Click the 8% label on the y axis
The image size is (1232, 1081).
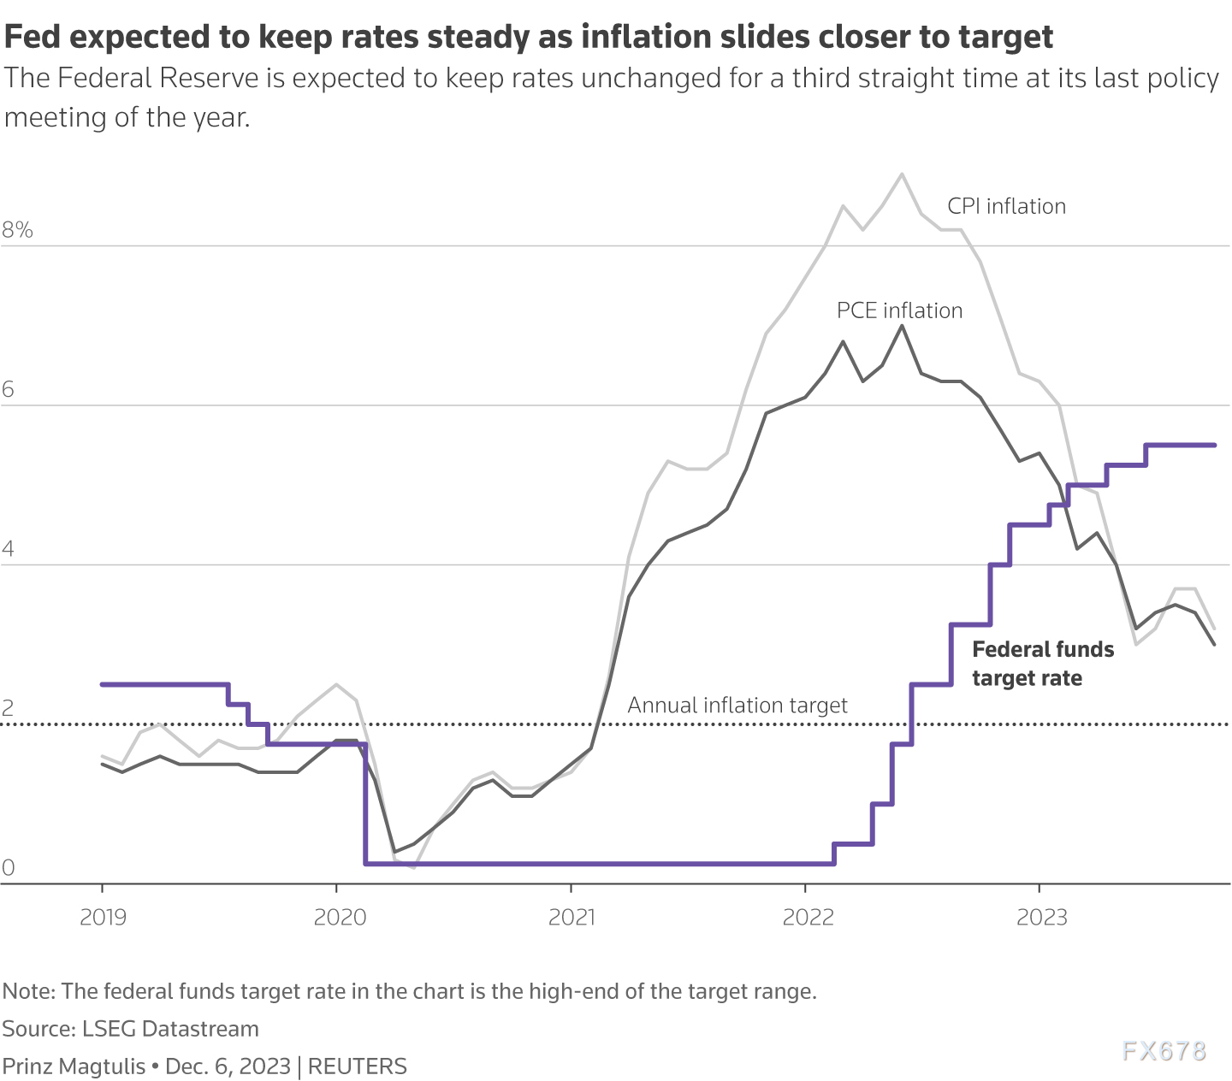17,230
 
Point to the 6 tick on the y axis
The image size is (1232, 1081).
9,390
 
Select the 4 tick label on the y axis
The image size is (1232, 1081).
9,549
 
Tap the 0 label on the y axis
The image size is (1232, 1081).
9,868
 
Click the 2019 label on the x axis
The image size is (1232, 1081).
103,918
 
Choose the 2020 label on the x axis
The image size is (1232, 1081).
340,918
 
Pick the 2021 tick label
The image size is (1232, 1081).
572,918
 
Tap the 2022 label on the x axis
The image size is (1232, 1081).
808,918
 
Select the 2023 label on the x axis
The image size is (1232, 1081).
1041,918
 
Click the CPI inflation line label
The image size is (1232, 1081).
1006,207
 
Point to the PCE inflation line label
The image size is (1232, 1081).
899,310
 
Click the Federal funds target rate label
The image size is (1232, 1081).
1043,664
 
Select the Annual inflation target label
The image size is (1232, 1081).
737,706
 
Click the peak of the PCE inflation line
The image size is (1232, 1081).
902,326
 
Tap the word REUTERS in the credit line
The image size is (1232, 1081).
357,1066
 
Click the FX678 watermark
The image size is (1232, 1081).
1164,1051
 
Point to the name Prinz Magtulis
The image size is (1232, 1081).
73,1066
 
